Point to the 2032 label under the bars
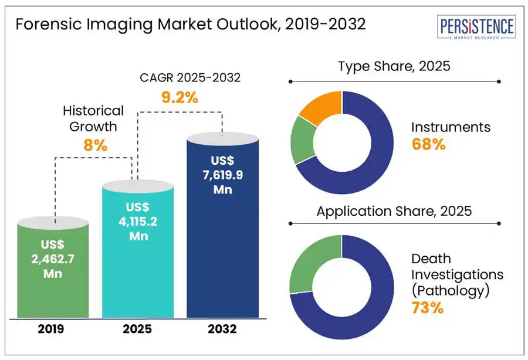[x=222, y=329]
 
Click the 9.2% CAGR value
[x=180, y=97]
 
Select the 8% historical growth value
[x=96, y=145]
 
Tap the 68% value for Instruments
[x=428, y=145]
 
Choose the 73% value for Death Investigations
[x=427, y=307]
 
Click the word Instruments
[x=451, y=127]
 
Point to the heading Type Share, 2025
[x=394, y=66]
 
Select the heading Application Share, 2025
[x=394, y=211]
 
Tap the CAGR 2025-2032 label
[x=180, y=77]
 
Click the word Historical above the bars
[x=94, y=110]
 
